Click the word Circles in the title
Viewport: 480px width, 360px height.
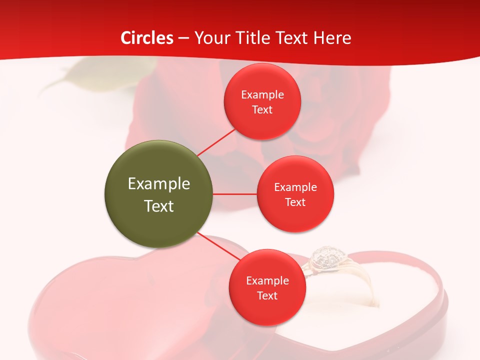pos(147,38)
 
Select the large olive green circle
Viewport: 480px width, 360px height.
pos(158,194)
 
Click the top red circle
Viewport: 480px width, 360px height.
pos(262,101)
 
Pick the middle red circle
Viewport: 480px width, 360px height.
pos(295,194)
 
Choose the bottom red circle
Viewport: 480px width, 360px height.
pos(267,287)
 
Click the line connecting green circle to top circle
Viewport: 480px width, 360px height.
pos(216,142)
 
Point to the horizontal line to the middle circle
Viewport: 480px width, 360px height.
pos(234,194)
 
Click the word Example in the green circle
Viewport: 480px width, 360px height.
pos(158,183)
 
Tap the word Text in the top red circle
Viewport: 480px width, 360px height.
pos(262,109)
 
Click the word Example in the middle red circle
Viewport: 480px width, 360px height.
pos(295,187)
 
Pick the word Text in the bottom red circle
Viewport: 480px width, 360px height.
pos(267,295)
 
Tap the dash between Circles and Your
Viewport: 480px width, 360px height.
pos(183,38)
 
